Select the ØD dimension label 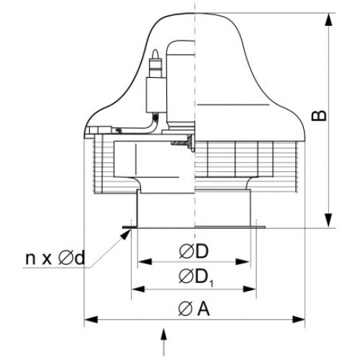[x=194, y=251]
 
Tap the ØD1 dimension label [x=196, y=278]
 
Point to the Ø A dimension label [x=194, y=308]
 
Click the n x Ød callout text [x=55, y=258]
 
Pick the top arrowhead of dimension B [x=328, y=19]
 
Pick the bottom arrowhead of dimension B [x=328, y=221]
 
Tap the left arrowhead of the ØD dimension [x=145, y=261]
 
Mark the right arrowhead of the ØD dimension [x=243, y=261]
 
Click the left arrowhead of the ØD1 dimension [x=139, y=289]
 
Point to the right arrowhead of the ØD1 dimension [x=250, y=289]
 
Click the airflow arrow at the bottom [x=163, y=342]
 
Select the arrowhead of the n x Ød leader [x=125, y=234]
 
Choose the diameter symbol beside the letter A [x=186, y=309]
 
